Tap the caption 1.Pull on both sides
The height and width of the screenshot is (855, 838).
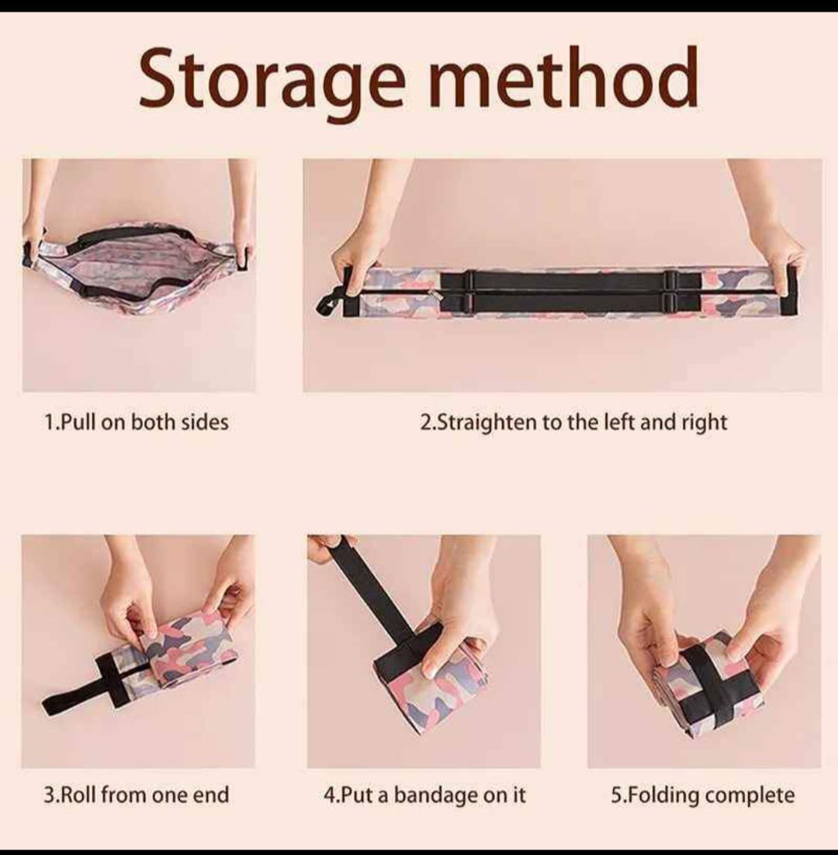137,422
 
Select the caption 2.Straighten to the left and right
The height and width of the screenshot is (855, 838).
573,422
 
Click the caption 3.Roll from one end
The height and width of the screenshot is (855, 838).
137,794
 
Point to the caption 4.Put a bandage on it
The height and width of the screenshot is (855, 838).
424,794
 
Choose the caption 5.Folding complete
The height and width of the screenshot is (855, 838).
703,794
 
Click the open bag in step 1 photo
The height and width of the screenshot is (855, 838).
136,268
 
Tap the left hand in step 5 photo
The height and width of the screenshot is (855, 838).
648,621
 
